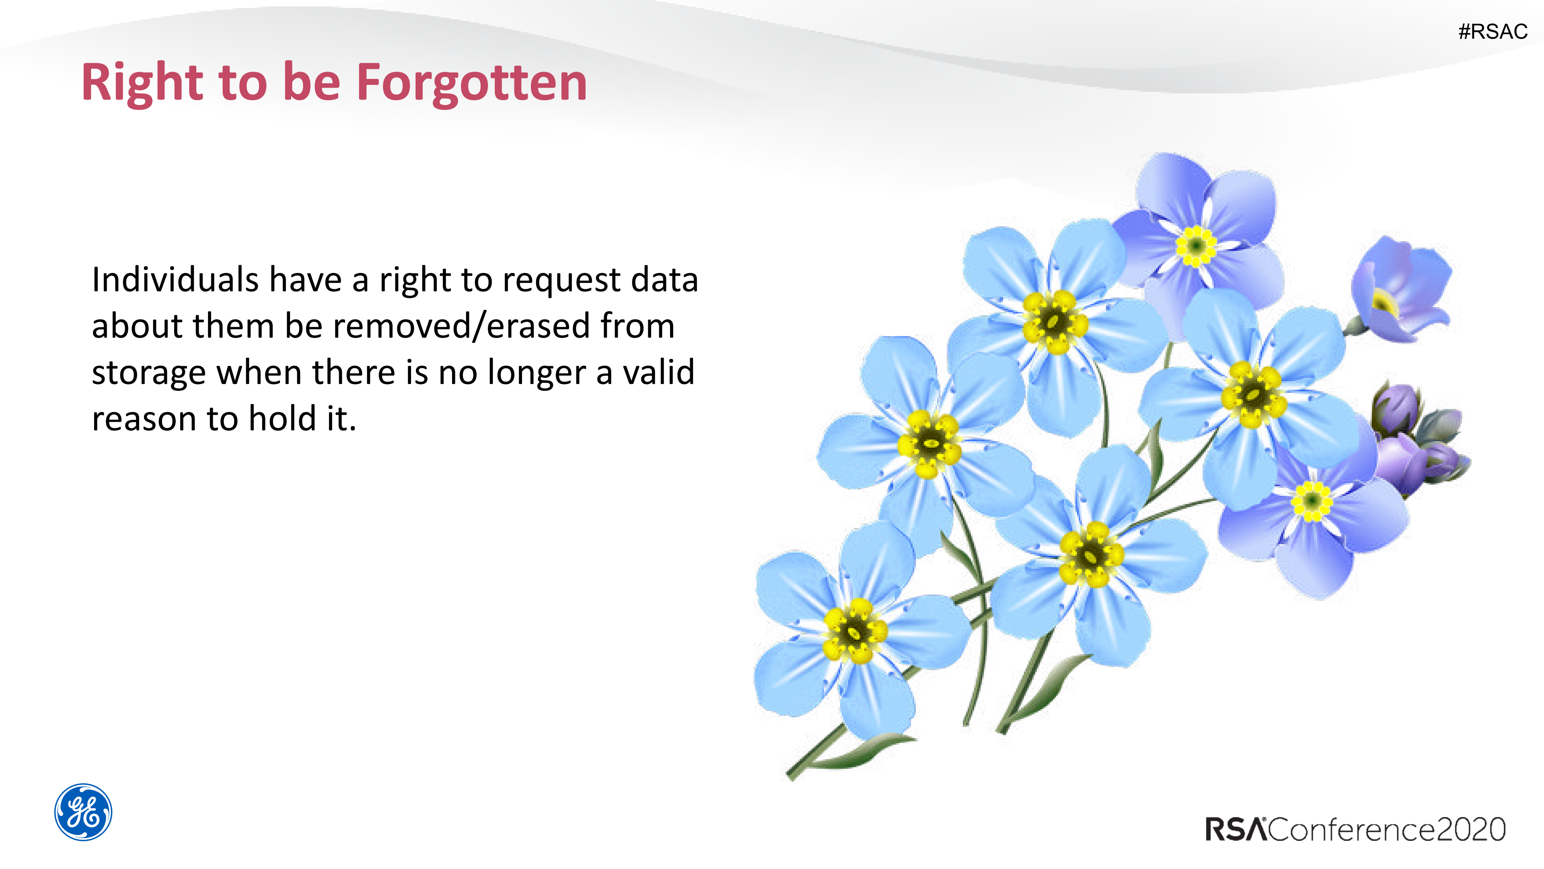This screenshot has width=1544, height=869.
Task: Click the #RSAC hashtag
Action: pyautogui.click(x=1493, y=31)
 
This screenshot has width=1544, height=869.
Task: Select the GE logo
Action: pyautogui.click(x=83, y=812)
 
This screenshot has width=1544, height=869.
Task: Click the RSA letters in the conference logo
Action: pyautogui.click(x=1236, y=830)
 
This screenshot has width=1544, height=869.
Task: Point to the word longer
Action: pyautogui.click(x=537, y=374)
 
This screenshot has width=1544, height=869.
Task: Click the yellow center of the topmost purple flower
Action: pyautogui.click(x=1196, y=245)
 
